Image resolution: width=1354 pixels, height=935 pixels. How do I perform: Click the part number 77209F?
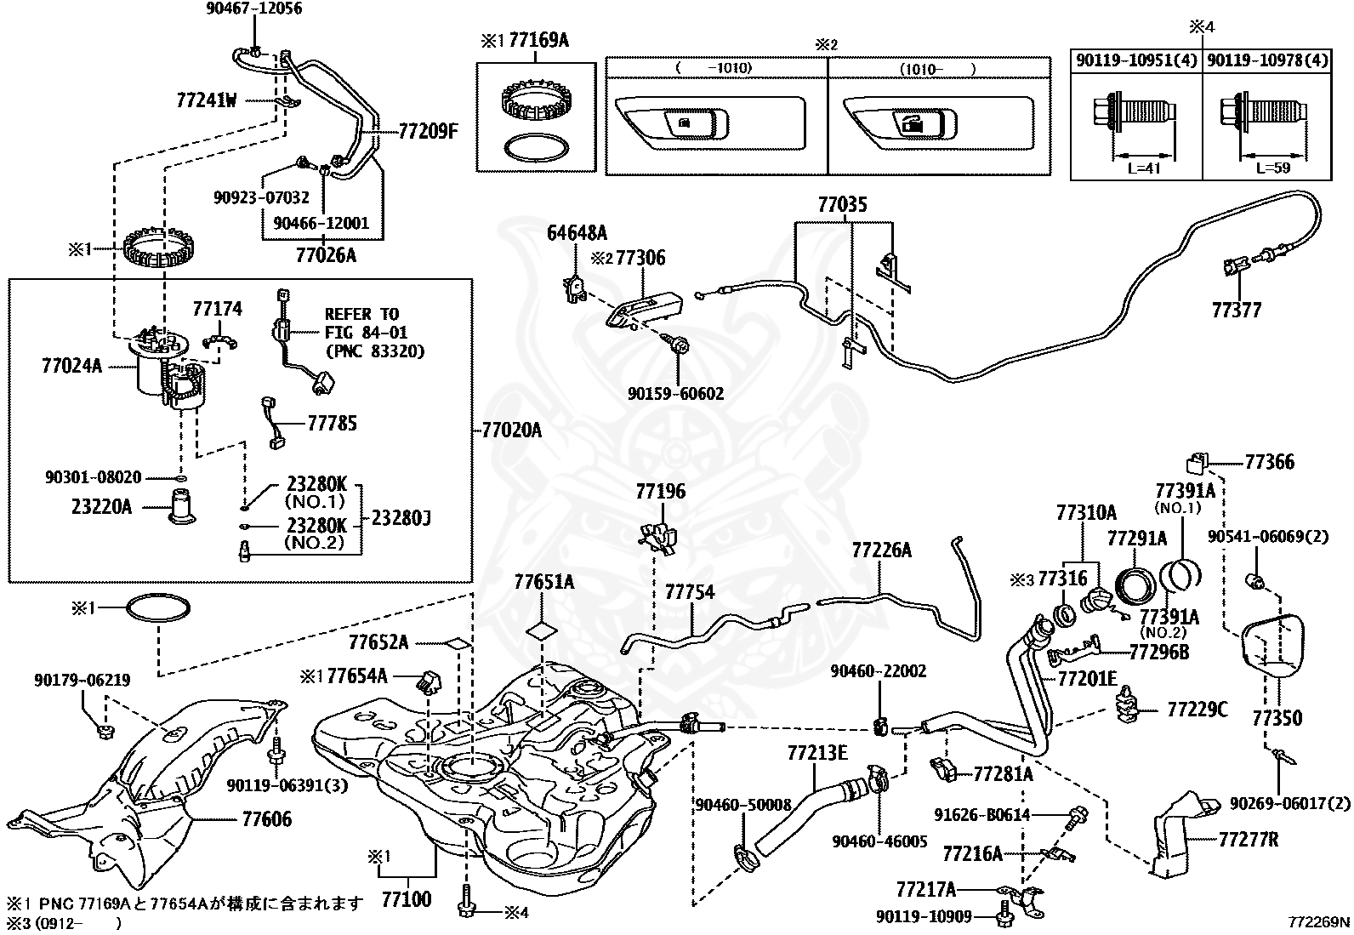click(x=428, y=132)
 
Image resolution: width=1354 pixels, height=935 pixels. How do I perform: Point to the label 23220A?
click(x=101, y=508)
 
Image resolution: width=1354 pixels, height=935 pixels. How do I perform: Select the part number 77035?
click(x=843, y=205)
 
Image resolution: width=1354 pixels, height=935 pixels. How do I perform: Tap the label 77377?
click(x=1237, y=310)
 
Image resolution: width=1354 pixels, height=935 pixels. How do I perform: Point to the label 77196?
click(x=660, y=493)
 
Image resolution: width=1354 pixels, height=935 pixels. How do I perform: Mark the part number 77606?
click(x=266, y=819)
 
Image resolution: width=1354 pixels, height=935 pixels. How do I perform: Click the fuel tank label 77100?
click(x=406, y=898)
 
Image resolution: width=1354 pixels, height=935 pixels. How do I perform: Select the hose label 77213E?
click(x=817, y=753)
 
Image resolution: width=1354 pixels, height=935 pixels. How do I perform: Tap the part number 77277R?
click(x=1248, y=839)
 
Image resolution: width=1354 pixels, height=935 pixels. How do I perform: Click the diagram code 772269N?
click(x=1317, y=921)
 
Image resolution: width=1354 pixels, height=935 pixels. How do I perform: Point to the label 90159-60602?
click(x=676, y=394)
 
